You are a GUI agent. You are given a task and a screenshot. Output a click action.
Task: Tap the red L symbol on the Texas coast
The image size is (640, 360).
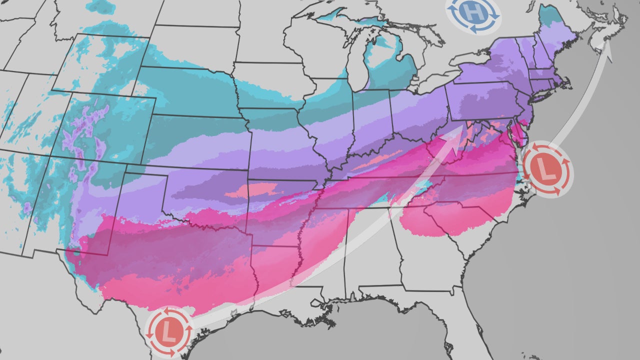(x=169, y=331)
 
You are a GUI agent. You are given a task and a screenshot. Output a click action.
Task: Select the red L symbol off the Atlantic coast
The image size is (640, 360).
(x=548, y=170)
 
